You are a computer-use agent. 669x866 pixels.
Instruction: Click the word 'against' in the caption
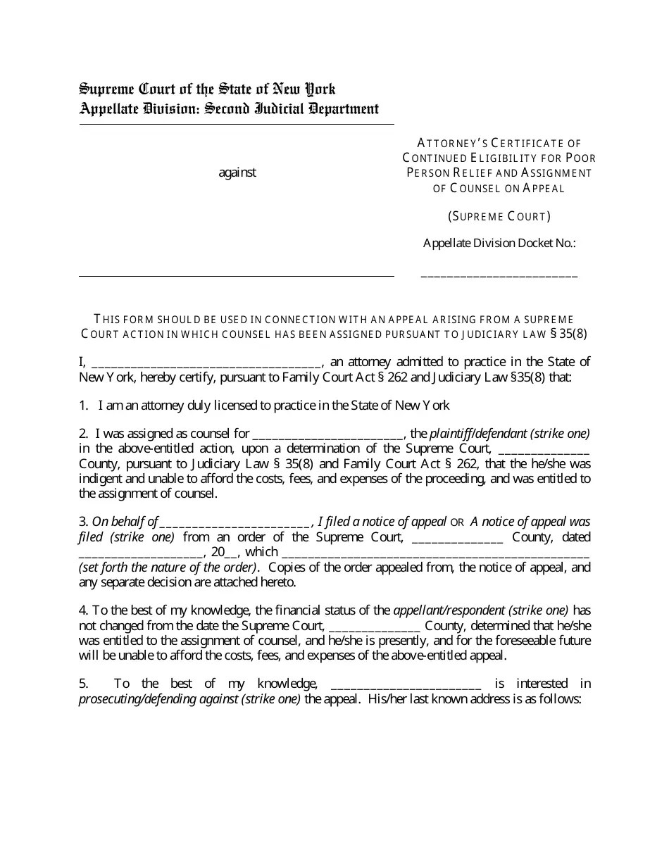tap(237, 172)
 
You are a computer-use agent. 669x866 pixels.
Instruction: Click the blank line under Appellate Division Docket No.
tap(499, 275)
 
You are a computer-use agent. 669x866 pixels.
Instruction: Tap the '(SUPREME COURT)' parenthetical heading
tap(499, 216)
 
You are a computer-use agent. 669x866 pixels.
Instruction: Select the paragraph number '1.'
tap(83, 406)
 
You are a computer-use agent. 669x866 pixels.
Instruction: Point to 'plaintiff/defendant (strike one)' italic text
tap(510, 434)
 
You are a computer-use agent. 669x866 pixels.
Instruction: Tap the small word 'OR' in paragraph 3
tap(458, 522)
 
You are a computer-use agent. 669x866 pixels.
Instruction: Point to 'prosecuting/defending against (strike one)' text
tap(189, 699)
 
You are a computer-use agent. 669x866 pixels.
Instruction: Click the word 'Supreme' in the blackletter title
tap(106, 89)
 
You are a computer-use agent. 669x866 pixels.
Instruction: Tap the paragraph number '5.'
tap(83, 684)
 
